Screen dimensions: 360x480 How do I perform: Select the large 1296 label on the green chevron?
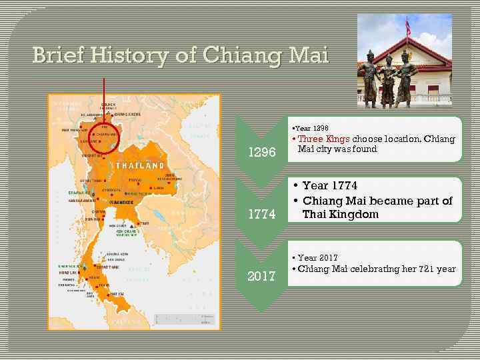pyautogui.click(x=262, y=152)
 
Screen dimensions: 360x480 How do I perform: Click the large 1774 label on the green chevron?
pyautogui.click(x=262, y=215)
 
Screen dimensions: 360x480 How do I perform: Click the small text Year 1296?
pyautogui.click(x=311, y=127)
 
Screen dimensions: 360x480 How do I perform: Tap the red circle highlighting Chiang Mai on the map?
pyautogui.click(x=105, y=139)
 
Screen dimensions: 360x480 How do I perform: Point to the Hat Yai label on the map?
pyautogui.click(x=117, y=294)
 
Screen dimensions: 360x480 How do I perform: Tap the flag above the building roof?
pyautogui.click(x=408, y=27)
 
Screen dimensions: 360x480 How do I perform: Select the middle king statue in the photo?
pyautogui.click(x=387, y=80)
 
